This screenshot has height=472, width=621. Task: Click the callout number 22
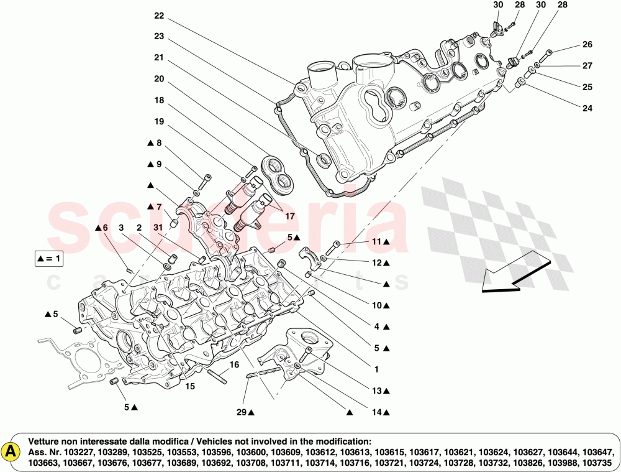tap(159, 16)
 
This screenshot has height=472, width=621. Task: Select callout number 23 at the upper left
tap(159, 36)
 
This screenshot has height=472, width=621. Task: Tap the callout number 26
tap(587, 45)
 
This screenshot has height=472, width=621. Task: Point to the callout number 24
tap(587, 108)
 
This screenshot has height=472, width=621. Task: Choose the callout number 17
tap(289, 216)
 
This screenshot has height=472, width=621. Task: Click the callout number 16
tap(234, 364)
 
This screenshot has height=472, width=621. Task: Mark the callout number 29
tap(241, 412)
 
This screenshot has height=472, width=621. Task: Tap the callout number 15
tap(190, 386)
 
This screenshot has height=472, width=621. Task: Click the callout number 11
tap(376, 241)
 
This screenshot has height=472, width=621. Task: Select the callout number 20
tap(159, 79)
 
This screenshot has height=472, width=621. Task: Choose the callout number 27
tap(587, 66)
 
